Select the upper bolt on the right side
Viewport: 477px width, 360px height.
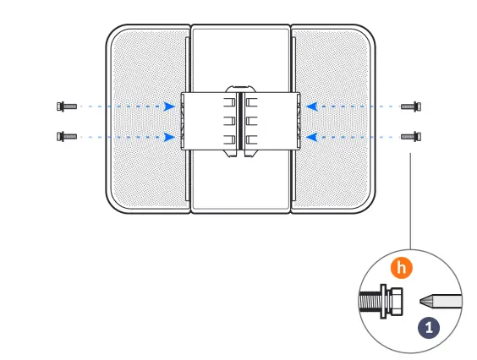411,106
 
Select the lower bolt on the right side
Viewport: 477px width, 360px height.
411,135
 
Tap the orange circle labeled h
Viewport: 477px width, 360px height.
403,268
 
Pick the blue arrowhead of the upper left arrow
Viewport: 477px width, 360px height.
171,106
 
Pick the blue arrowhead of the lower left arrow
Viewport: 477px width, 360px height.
171,135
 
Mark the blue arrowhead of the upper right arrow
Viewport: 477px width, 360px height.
311,106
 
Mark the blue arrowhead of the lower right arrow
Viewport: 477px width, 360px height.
311,135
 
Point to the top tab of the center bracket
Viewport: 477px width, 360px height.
240,86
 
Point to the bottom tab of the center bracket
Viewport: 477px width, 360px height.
240,155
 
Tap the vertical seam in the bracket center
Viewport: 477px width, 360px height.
240,121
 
